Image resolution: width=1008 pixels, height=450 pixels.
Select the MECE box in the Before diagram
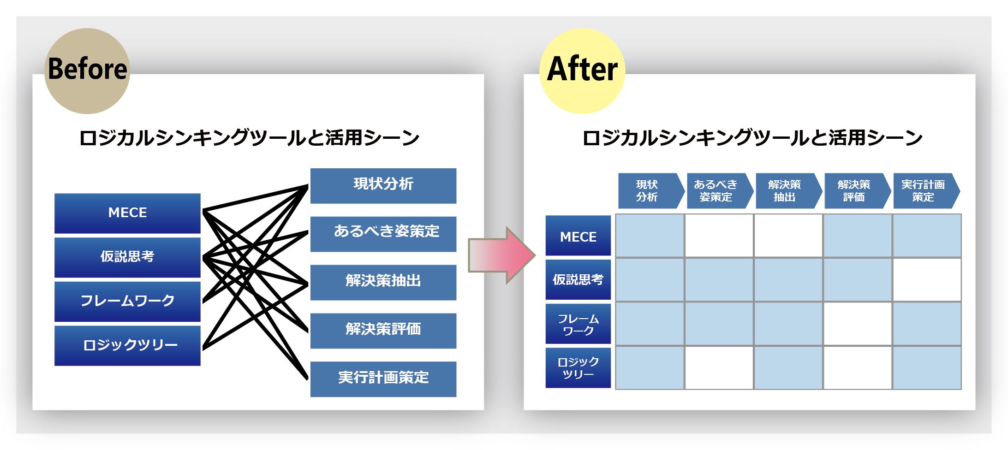pos(127,213)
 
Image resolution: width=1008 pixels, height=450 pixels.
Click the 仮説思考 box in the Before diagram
pos(127,257)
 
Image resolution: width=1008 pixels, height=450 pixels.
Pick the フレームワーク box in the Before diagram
pos(127,301)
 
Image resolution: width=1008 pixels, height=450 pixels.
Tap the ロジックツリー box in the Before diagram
pos(127,345)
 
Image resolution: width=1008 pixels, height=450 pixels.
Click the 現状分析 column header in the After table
pos(650,191)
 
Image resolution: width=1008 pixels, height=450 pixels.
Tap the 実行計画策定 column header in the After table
pos(924,191)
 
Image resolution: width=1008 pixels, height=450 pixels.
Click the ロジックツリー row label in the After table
pos(578,368)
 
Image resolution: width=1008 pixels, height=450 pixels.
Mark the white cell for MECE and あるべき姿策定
pos(719,236)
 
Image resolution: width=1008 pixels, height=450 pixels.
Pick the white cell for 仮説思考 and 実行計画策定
pos(927,279)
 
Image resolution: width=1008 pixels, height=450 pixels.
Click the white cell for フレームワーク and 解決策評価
pos(857,324)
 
